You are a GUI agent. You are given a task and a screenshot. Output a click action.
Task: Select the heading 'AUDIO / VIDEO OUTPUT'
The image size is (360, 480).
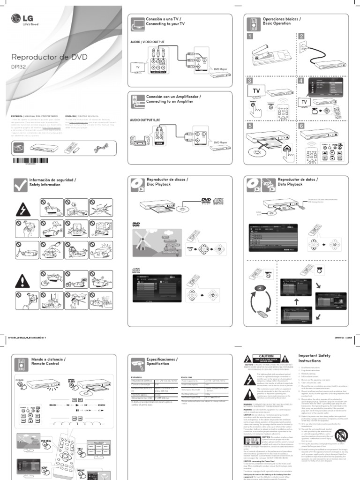coord(147,42)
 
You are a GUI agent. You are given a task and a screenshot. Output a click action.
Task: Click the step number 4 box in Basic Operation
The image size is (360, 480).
coord(300,81)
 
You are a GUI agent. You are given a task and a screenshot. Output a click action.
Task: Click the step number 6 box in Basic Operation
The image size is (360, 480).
coord(300,126)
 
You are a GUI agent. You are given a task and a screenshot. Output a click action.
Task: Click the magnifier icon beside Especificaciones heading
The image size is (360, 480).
coord(136,361)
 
